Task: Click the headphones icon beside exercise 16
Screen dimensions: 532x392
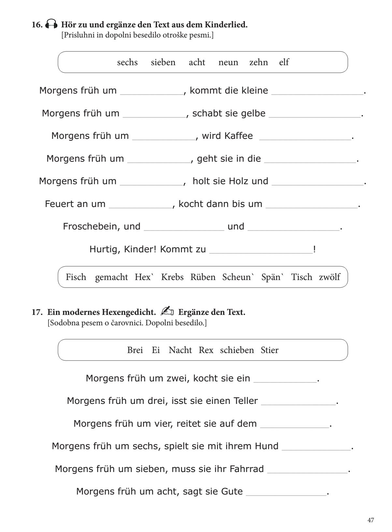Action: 51,24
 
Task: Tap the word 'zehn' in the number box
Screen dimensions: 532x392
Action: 258,62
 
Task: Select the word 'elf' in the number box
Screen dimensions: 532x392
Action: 284,62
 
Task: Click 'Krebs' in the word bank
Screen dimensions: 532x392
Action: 172,277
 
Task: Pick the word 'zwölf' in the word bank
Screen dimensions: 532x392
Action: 329,277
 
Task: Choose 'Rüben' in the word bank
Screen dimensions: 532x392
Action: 203,277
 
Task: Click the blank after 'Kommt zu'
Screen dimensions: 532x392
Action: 261,250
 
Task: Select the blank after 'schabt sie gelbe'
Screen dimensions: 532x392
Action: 315,114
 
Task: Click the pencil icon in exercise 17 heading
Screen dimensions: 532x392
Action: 167,312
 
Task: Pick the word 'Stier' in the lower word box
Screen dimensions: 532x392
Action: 269,350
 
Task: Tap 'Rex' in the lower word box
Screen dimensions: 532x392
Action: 206,350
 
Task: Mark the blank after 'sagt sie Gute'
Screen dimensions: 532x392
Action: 286,492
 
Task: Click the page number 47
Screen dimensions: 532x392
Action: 370,520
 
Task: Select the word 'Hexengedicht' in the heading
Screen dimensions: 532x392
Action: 129,312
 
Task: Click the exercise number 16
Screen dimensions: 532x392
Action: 37,25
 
